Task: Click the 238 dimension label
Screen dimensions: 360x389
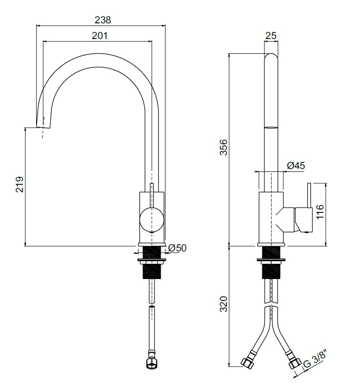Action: pos(103,20)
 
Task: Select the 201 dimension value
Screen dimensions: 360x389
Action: pos(99,36)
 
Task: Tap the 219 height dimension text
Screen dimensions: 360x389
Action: pos(19,184)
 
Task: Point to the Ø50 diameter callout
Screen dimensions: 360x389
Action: pos(177,248)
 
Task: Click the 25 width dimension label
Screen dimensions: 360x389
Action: pos(271,36)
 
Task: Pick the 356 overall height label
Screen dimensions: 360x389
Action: pos(224,147)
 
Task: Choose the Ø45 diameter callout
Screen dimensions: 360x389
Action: pos(296,166)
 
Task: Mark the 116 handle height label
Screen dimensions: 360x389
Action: pos(320,211)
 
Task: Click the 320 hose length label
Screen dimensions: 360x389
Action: pos(224,304)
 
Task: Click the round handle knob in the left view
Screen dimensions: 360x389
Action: pos(152,220)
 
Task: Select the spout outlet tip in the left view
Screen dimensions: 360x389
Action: pos(44,127)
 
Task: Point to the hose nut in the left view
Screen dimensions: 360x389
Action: pos(152,362)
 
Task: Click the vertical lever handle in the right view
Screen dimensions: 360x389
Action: pos(309,195)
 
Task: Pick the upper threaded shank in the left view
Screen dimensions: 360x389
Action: pos(152,253)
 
